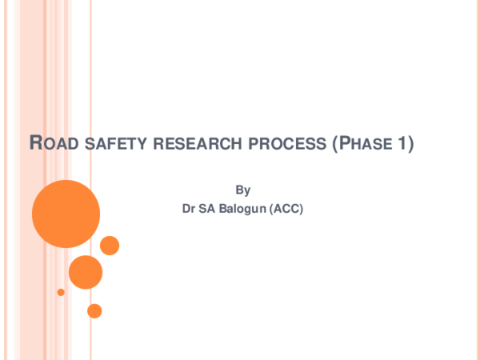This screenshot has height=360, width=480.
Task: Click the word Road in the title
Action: click(50, 145)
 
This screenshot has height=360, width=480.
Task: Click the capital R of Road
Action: click(35, 145)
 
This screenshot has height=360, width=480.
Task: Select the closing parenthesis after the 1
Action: click(410, 146)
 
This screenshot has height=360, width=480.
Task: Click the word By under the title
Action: click(243, 190)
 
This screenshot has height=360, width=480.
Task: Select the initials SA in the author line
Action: click(208, 210)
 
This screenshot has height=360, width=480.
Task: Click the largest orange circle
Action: click(66, 214)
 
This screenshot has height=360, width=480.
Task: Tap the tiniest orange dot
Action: click(61, 292)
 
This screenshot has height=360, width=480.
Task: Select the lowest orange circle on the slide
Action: click(94, 310)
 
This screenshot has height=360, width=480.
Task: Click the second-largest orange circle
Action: click(86, 272)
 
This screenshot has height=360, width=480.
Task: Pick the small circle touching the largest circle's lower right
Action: click(110, 246)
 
